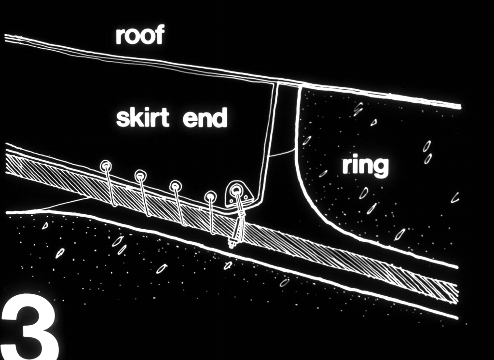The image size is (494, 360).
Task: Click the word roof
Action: click(x=140, y=36)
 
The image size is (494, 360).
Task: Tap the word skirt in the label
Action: click(x=142, y=117)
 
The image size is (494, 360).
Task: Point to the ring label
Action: click(x=365, y=166)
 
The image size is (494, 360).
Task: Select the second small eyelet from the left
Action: click(x=140, y=175)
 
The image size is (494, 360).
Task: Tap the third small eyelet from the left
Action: click(x=175, y=186)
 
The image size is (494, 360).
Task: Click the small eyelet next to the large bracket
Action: click(x=210, y=196)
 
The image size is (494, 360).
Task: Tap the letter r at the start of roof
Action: click(x=120, y=37)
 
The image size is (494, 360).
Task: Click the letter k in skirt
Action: click(x=134, y=117)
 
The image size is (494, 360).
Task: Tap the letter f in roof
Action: click(x=160, y=35)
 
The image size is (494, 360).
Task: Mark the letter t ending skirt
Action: click(x=164, y=118)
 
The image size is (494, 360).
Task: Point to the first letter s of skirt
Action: click(x=122, y=120)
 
